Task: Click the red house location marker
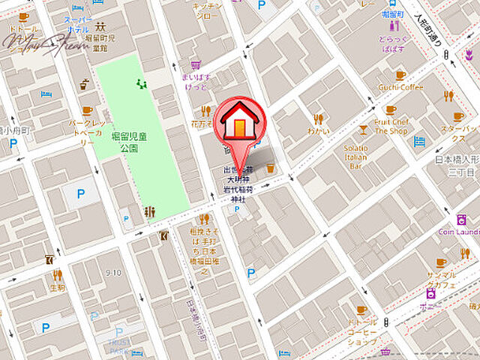coord(238,121)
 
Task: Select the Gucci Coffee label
coord(400,87)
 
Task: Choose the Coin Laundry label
coord(460,232)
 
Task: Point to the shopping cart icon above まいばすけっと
coord(196,64)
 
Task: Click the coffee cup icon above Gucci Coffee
coord(400,75)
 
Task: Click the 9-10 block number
coord(114,272)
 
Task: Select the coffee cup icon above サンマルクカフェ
coord(441,262)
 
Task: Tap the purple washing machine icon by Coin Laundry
coord(460,219)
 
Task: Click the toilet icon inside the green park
coord(148,212)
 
